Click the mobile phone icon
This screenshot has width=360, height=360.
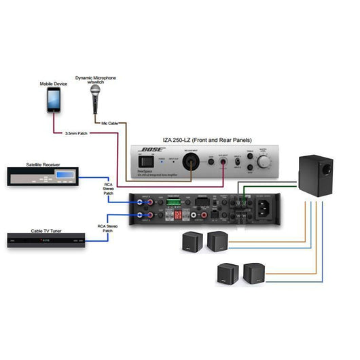pos(54,101)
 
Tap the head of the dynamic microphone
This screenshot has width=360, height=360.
pos(95,90)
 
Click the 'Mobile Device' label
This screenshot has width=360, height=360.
pos(54,83)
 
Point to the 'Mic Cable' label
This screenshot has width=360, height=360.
pos(109,123)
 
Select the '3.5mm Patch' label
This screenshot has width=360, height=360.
pos(76,132)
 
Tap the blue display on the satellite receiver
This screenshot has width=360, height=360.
pos(65,177)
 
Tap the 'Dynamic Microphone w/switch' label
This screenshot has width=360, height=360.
pos(95,80)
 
